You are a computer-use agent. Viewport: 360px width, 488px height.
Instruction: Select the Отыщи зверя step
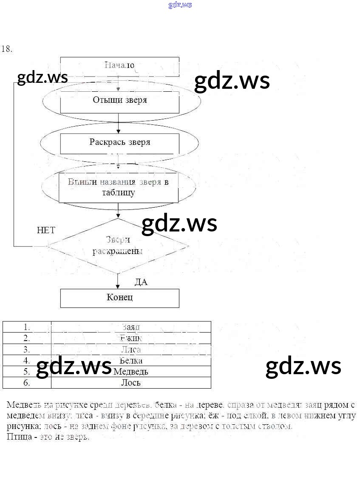[119, 101]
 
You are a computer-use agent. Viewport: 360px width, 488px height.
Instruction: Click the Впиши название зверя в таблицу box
[118, 187]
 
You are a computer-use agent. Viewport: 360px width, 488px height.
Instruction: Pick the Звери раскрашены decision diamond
[118, 246]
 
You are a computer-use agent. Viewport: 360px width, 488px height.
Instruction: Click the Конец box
[119, 298]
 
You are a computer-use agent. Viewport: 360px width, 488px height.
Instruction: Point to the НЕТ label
[46, 231]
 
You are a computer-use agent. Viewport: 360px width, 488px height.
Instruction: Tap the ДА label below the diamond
[141, 282]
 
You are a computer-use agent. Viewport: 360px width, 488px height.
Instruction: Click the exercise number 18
[7, 49]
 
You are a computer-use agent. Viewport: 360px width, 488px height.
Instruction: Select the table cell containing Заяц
[131, 327]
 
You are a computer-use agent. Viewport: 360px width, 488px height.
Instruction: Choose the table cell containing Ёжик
[131, 338]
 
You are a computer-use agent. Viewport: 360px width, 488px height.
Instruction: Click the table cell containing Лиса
[131, 350]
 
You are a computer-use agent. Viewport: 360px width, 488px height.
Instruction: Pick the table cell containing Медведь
[131, 372]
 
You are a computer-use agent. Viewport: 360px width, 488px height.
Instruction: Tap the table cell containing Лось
[131, 383]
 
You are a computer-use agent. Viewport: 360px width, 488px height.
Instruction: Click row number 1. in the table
[27, 327]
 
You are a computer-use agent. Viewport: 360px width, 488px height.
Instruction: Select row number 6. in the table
[27, 383]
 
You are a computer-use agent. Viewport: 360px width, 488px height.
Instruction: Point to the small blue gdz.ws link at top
[180, 5]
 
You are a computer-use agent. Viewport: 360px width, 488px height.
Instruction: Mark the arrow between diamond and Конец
[118, 281]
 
